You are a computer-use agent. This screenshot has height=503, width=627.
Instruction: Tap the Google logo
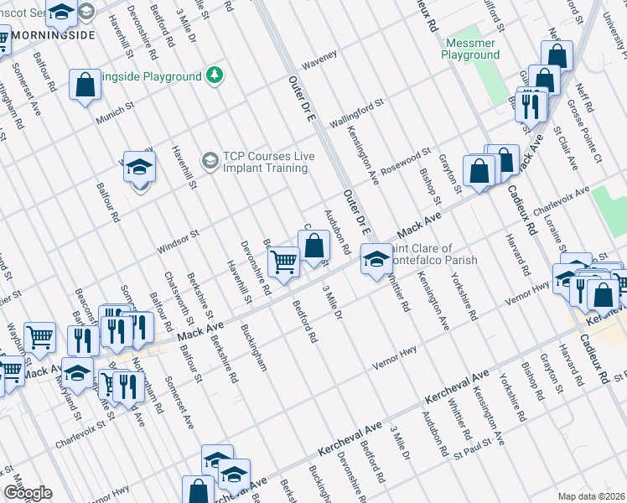pyautogui.click(x=28, y=493)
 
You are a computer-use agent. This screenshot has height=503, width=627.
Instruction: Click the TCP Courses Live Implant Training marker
pyautogui.click(x=210, y=158)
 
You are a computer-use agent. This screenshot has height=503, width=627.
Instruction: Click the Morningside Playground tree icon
pyautogui.click(x=216, y=75)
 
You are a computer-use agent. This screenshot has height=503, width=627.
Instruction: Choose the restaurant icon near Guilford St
pyautogui.click(x=531, y=106)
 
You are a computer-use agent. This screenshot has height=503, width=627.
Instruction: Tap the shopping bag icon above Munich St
pyautogui.click(x=85, y=85)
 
